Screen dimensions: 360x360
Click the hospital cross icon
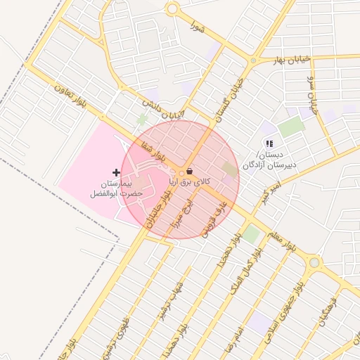point(117,172)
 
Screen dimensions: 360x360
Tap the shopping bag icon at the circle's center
point(191,172)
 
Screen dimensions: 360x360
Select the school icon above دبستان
point(269,144)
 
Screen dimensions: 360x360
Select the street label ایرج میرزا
point(174,211)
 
